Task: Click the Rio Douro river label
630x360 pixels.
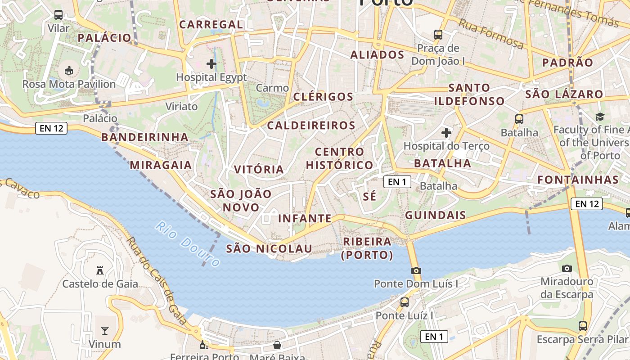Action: pos(188,244)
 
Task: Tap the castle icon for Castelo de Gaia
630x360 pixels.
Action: pos(100,270)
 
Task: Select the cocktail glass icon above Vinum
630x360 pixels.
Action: pos(104,331)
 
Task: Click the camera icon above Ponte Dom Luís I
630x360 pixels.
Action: pos(416,270)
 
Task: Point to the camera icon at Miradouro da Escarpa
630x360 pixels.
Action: pos(567,268)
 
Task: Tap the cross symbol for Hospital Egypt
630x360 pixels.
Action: pos(211,64)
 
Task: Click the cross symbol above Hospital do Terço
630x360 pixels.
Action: pos(446,133)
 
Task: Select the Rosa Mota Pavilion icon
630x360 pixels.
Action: pos(69,71)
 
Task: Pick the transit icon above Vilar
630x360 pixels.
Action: pos(58,15)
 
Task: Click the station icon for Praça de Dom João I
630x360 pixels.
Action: pos(438,34)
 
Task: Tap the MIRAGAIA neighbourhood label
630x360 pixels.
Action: pos(161,165)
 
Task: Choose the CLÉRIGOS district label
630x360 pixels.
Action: pos(323,97)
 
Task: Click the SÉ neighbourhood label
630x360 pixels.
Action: pos(369,196)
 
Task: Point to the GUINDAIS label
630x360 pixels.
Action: pos(435,215)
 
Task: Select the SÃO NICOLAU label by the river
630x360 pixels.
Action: pos(269,248)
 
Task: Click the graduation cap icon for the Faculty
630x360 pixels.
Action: pos(600,117)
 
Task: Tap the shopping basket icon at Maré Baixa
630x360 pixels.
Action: pos(277,345)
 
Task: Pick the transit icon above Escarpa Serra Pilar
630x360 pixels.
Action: pos(583,326)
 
